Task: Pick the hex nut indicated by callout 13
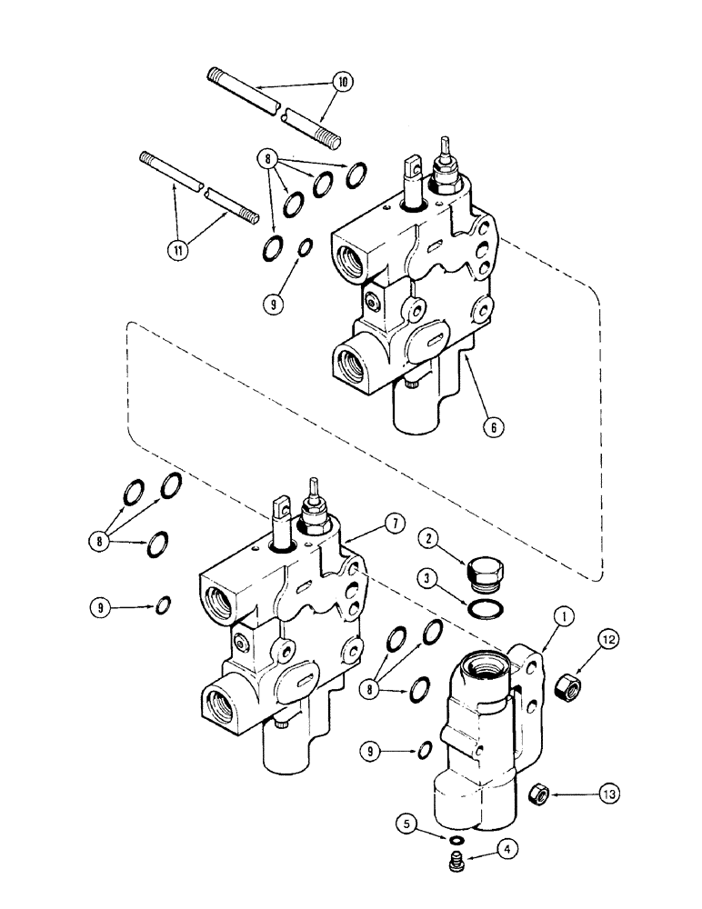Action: coord(537,796)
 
